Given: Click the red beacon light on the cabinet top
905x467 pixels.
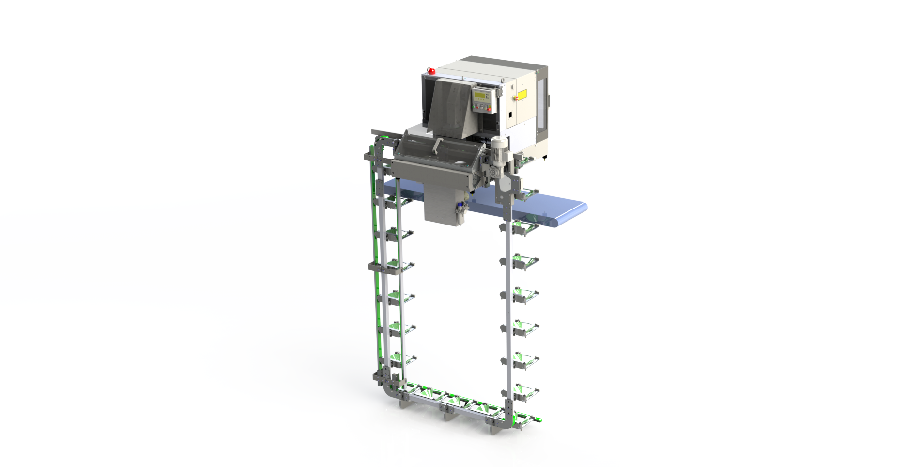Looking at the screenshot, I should point(431,71).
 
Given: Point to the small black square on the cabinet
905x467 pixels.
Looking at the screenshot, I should point(510,115).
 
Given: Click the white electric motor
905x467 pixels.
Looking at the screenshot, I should point(499,148).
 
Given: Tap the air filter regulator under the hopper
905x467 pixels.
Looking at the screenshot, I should point(459,210).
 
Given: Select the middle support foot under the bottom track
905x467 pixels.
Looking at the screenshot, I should point(445,410).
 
